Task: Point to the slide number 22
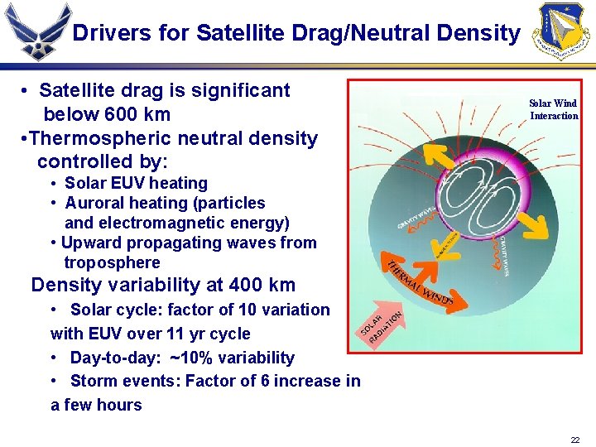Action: coord(575,440)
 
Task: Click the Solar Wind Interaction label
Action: coord(554,109)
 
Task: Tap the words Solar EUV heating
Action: coord(136,183)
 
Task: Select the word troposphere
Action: coord(112,262)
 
